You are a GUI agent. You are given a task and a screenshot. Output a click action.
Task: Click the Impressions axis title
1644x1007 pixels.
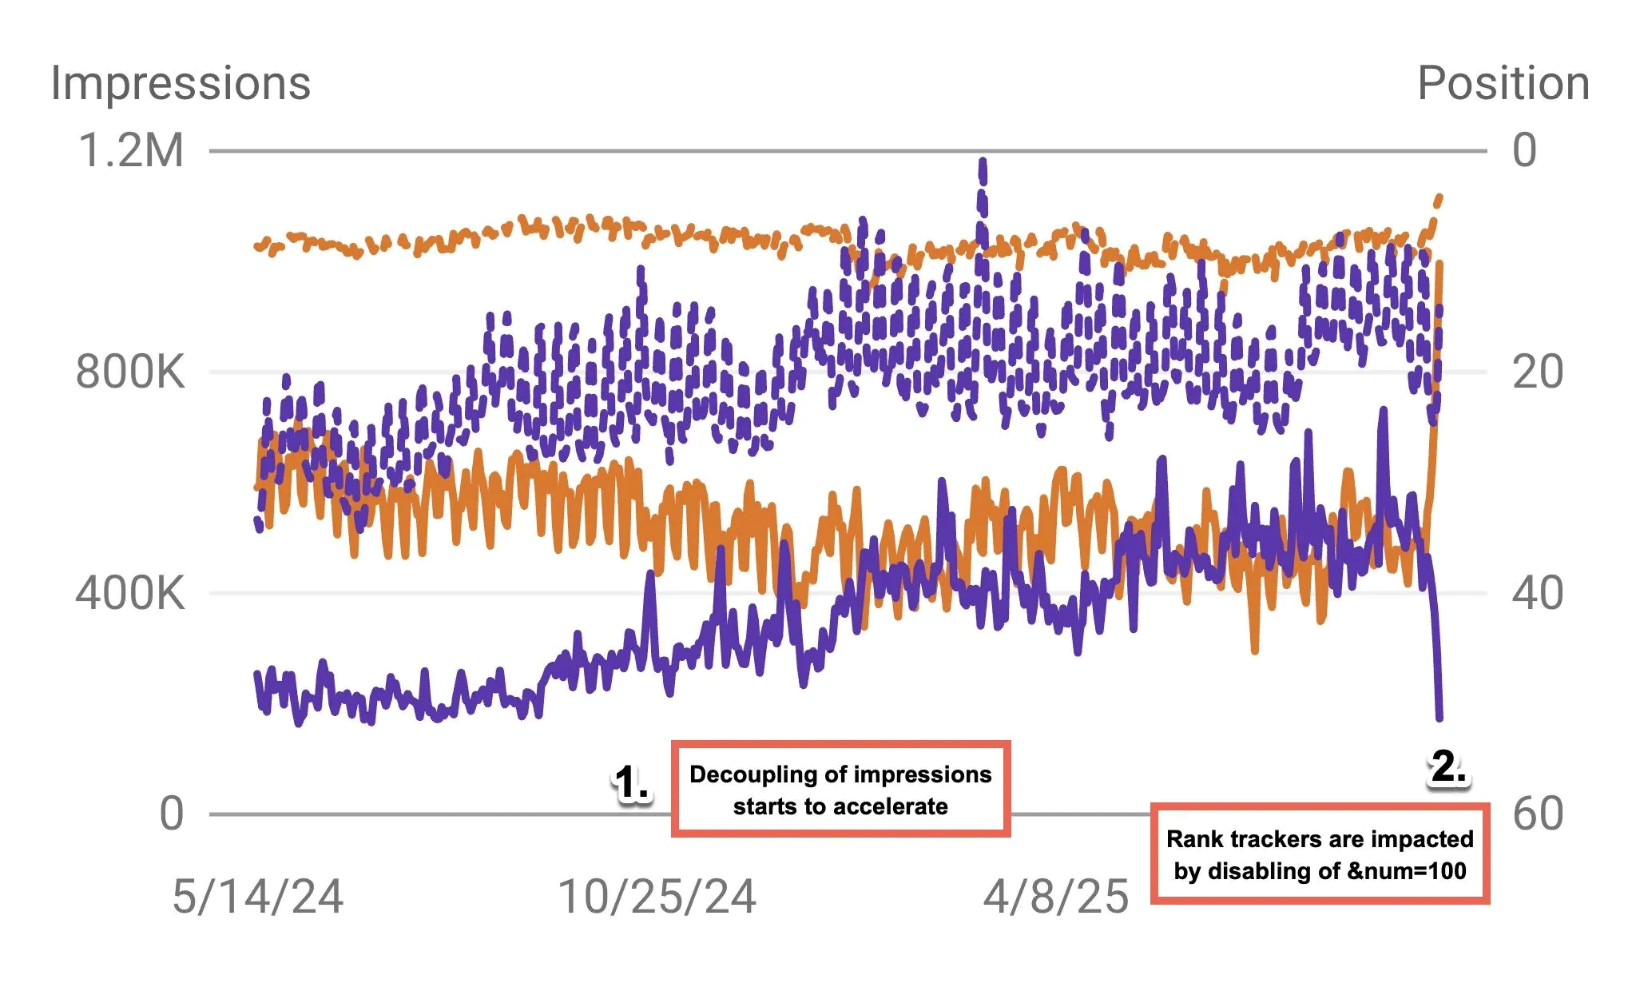[x=181, y=83]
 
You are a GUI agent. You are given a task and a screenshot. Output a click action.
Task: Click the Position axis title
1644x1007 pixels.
[x=1503, y=83]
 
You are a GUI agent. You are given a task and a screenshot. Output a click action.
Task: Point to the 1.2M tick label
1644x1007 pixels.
[x=131, y=150]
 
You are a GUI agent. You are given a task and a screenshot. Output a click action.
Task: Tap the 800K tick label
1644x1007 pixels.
[x=130, y=372]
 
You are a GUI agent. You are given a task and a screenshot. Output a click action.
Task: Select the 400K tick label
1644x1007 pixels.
[x=130, y=593]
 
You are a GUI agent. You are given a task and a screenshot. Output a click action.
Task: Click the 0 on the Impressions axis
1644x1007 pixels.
[x=172, y=814]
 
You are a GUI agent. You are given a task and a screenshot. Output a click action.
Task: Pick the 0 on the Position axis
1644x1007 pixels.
[x=1524, y=150]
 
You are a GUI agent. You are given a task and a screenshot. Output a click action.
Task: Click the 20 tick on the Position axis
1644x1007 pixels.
[x=1538, y=372]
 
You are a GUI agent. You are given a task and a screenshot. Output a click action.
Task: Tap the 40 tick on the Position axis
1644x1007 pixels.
[x=1538, y=593]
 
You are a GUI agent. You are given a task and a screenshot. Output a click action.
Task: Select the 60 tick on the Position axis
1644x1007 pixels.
[x=1538, y=814]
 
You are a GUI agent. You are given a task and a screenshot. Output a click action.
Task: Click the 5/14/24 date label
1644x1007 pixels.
[x=258, y=897]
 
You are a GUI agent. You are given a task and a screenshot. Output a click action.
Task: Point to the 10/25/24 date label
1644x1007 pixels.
[x=657, y=897]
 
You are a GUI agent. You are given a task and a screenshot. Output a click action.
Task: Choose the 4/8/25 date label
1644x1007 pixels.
[x=1056, y=897]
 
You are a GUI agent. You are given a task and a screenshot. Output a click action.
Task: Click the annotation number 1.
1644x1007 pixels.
[x=632, y=783]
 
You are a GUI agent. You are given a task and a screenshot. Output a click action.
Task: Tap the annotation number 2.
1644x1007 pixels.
[x=1447, y=767]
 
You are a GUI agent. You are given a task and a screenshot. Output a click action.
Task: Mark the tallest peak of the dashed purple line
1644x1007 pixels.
[x=983, y=162]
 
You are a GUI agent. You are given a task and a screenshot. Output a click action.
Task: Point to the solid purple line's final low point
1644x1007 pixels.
[x=1439, y=717]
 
